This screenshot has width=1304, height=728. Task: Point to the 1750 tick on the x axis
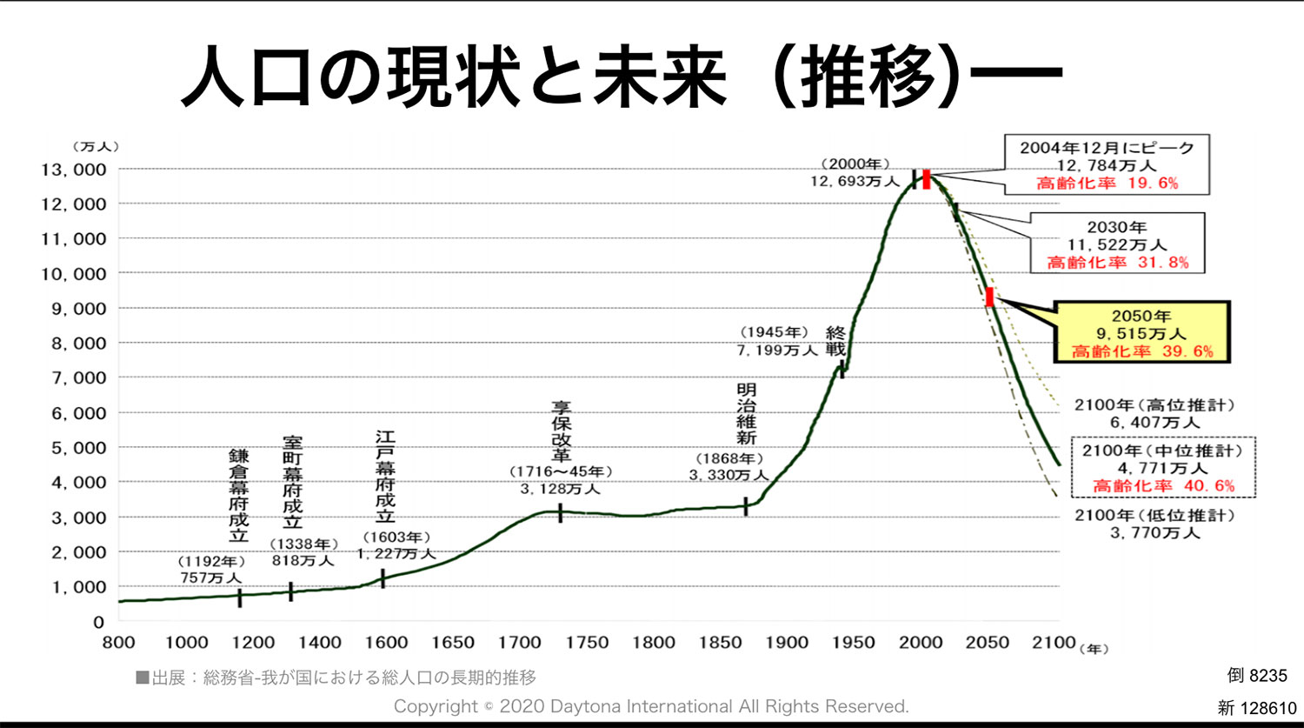(x=587, y=643)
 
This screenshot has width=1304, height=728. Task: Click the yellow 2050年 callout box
(x=1141, y=332)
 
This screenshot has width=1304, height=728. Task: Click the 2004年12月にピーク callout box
(x=1107, y=164)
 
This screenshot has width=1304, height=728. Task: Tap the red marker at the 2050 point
(x=989, y=297)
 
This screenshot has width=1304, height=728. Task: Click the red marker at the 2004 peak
(x=927, y=178)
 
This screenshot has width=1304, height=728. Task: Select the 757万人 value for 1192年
(x=212, y=578)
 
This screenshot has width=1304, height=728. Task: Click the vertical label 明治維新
(x=746, y=414)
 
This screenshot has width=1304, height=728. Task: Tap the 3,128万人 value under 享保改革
(x=561, y=489)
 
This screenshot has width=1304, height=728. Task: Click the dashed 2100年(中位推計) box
(x=1163, y=468)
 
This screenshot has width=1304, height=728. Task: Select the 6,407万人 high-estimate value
(x=1154, y=423)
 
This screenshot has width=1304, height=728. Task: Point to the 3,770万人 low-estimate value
(x=1154, y=532)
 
